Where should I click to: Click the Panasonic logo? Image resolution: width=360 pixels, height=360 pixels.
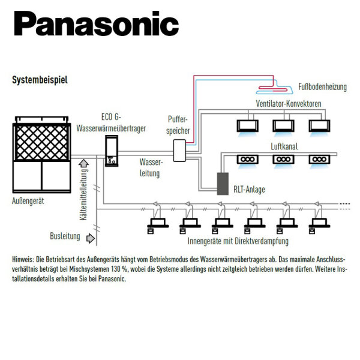coord(96,25)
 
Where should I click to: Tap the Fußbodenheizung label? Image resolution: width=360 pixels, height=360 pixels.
coord(322,87)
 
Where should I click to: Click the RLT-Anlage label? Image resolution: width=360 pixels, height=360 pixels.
coord(249,190)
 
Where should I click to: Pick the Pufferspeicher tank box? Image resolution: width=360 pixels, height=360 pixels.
coord(179,150)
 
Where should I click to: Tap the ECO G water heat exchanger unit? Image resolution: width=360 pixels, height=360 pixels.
coord(112,151)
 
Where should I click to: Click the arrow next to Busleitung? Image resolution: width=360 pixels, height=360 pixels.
coord(91,238)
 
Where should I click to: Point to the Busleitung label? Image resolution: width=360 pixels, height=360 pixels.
coord(65,236)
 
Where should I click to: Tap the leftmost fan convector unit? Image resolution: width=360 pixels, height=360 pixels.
coord(248,125)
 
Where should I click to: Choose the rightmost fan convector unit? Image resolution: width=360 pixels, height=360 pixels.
coord(319,125)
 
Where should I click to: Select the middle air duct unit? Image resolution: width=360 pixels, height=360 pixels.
coord(283,160)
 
